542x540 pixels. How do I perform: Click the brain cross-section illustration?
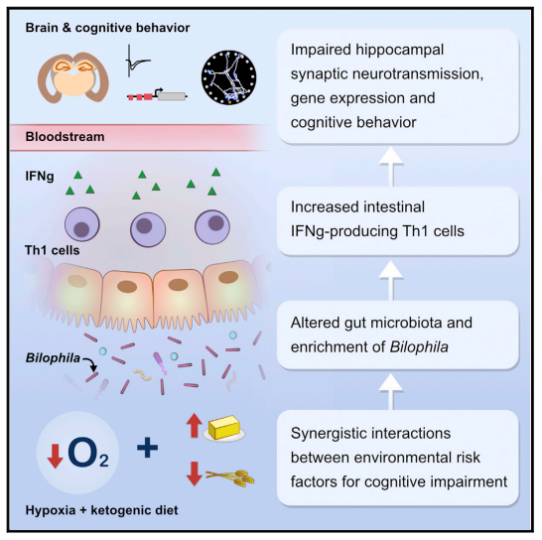pyautogui.click(x=73, y=76)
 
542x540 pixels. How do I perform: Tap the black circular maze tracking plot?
pyautogui.click(x=229, y=77)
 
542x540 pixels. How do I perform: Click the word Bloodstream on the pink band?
pyautogui.click(x=65, y=137)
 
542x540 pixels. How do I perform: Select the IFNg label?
pyautogui.click(x=40, y=177)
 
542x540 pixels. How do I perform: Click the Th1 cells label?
pyautogui.click(x=53, y=250)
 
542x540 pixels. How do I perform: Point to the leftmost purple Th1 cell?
pyautogui.click(x=82, y=224)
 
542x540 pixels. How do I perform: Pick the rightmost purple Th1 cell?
pyautogui.click(x=212, y=226)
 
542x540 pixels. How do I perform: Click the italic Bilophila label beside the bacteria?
pyautogui.click(x=53, y=357)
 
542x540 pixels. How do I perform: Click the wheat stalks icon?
pyautogui.click(x=230, y=477)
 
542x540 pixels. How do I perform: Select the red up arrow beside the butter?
pyautogui.click(x=195, y=426)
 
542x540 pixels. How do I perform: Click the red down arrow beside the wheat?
pyautogui.click(x=195, y=473)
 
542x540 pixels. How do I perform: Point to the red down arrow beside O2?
pyautogui.click(x=56, y=457)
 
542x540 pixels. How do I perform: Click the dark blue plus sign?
pyautogui.click(x=148, y=448)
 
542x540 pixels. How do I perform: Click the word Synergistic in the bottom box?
pyautogui.click(x=325, y=434)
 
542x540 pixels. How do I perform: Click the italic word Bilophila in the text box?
pyautogui.click(x=419, y=346)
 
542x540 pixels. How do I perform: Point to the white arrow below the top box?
pyautogui.click(x=391, y=166)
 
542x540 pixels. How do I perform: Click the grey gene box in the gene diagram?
pyautogui.click(x=172, y=96)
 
